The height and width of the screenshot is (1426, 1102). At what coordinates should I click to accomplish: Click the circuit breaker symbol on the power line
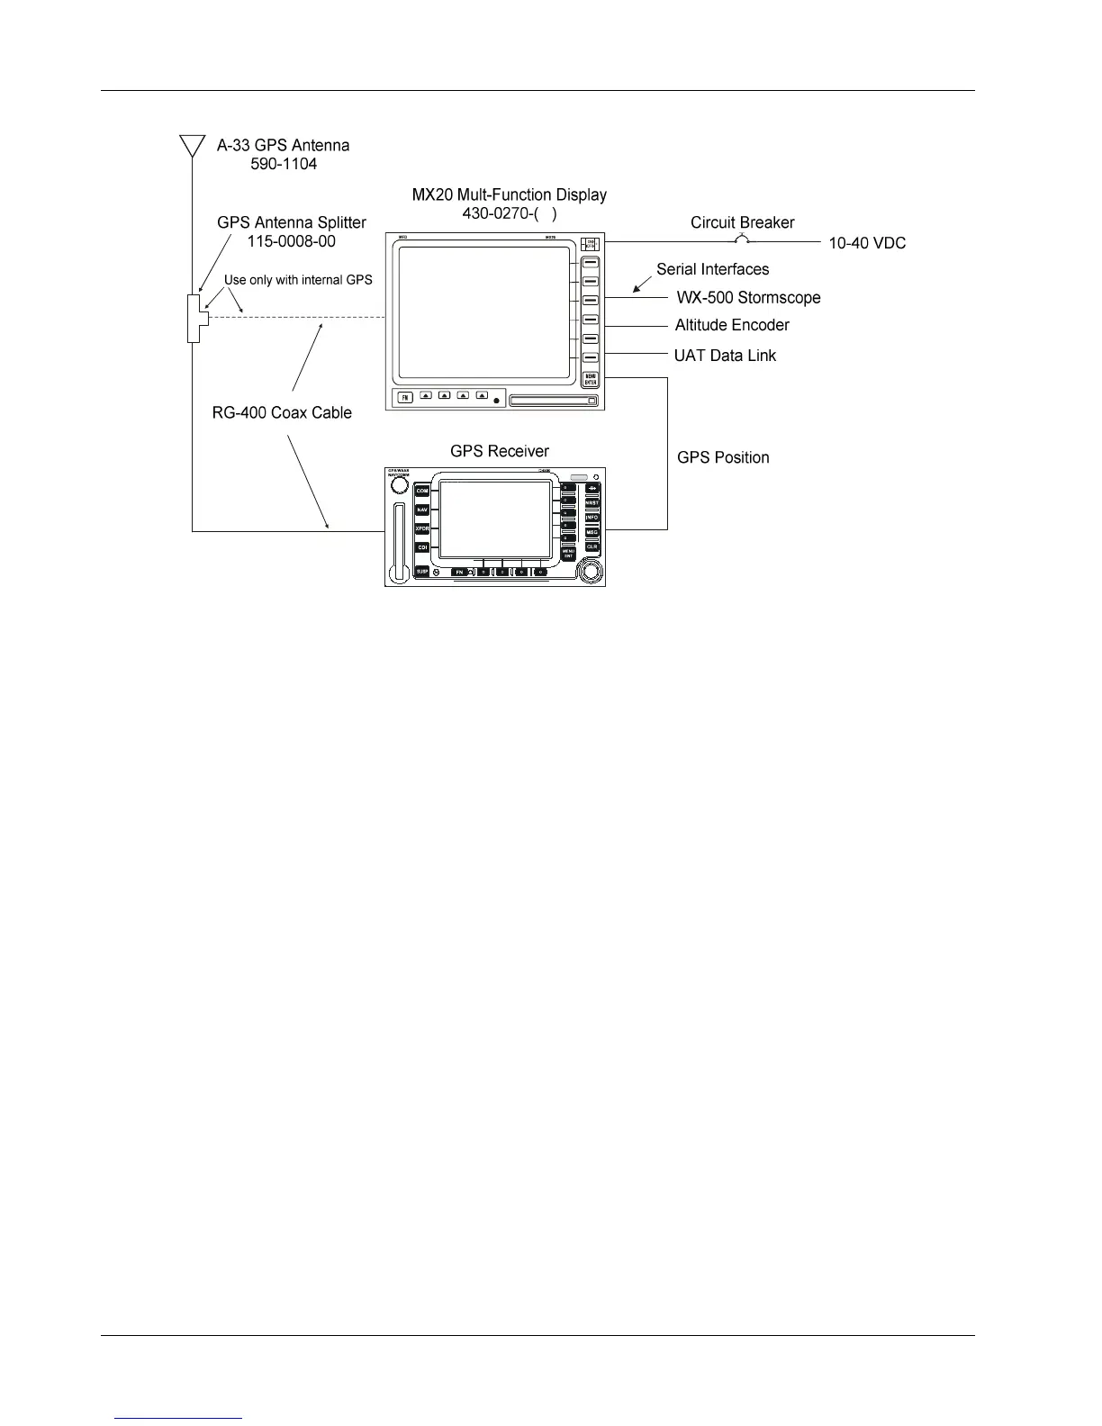click(741, 240)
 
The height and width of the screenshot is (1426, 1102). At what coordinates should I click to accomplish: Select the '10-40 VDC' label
click(867, 243)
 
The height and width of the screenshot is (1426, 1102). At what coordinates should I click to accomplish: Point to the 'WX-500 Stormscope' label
click(748, 298)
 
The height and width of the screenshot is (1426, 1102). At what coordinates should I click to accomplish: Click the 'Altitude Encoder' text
click(732, 325)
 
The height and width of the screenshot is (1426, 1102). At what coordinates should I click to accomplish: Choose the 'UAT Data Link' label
click(725, 356)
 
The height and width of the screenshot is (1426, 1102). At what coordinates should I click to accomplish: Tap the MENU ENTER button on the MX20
click(591, 379)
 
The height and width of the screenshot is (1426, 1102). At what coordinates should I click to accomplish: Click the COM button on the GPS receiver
click(422, 492)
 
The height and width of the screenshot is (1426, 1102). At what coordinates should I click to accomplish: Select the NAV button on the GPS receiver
click(422, 510)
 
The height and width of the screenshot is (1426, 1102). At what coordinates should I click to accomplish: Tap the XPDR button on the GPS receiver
click(422, 529)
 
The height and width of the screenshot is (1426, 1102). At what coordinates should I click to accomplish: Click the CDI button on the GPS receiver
click(422, 547)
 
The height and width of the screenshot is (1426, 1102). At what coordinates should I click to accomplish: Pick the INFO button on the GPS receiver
click(592, 518)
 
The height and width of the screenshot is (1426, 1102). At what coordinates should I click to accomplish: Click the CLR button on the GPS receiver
click(592, 546)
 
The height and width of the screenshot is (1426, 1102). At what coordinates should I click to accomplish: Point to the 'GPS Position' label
click(723, 457)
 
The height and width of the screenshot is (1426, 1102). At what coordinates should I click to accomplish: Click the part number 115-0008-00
click(292, 241)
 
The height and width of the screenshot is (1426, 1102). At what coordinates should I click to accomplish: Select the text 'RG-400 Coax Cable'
click(275, 413)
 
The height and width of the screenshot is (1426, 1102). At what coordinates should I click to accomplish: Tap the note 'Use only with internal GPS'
click(298, 280)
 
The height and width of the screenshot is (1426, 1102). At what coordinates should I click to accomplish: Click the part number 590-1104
click(284, 164)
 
